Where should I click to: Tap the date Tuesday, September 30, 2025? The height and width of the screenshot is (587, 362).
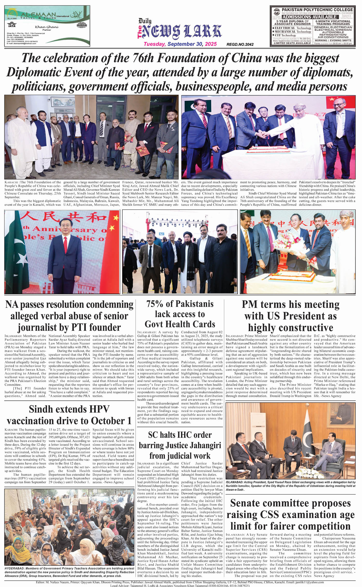click(x=180, y=44)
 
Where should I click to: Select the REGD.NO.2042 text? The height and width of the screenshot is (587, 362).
click(x=240, y=44)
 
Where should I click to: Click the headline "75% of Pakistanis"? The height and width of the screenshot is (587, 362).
click(x=180, y=304)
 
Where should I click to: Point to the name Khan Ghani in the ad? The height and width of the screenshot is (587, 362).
click(x=47, y=27)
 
